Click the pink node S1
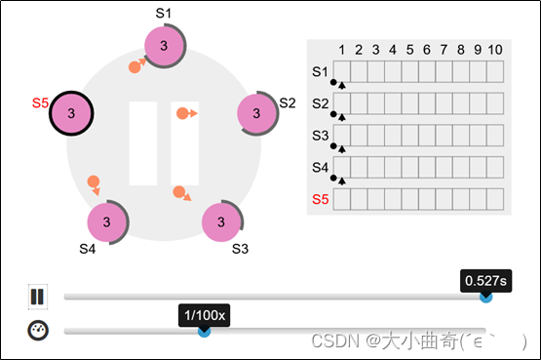point(163,46)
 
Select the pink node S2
point(257,114)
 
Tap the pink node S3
point(222,221)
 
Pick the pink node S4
point(108,221)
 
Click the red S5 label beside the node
point(40,101)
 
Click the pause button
point(38,296)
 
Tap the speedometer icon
point(38,330)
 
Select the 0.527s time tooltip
point(484,281)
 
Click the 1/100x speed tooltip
point(205,315)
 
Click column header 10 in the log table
point(495,50)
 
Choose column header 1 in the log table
point(341,50)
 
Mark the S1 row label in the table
point(321,71)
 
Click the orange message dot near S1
point(135,67)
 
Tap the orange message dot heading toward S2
point(182,114)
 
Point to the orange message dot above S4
point(94,181)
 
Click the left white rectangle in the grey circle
point(143,143)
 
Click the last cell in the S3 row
point(495,135)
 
